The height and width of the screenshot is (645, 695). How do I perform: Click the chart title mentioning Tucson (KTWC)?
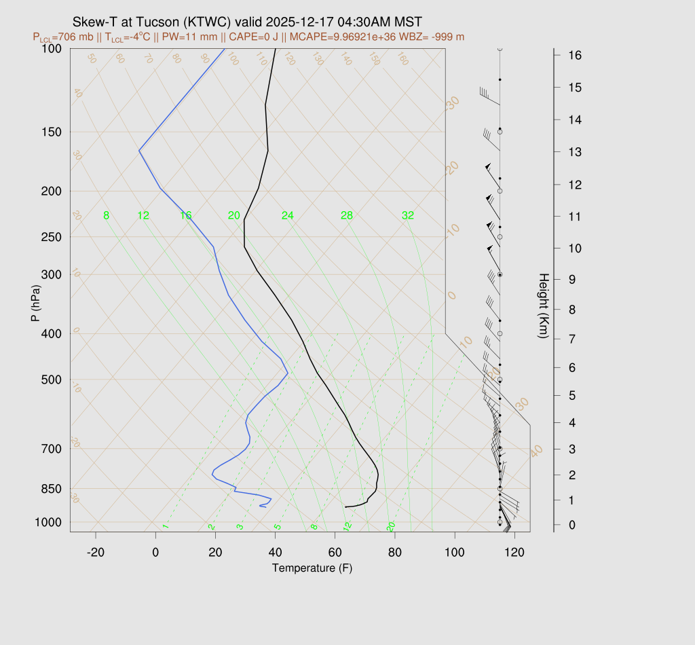click(x=250, y=23)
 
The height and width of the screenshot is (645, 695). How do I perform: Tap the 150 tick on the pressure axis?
click(x=52, y=132)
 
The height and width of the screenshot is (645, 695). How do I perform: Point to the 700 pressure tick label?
click(x=52, y=449)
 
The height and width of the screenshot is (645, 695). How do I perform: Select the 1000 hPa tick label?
click(x=50, y=522)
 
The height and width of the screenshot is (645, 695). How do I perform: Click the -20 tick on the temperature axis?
click(x=96, y=553)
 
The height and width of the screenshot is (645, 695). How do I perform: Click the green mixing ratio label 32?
click(x=408, y=216)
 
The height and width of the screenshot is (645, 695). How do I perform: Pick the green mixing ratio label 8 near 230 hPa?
click(x=106, y=216)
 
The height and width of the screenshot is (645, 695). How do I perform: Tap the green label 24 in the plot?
click(x=288, y=216)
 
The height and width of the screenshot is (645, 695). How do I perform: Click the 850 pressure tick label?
click(x=52, y=489)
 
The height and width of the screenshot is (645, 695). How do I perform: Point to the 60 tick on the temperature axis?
click(x=335, y=553)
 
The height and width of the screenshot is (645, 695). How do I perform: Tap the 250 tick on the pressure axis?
click(x=52, y=237)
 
